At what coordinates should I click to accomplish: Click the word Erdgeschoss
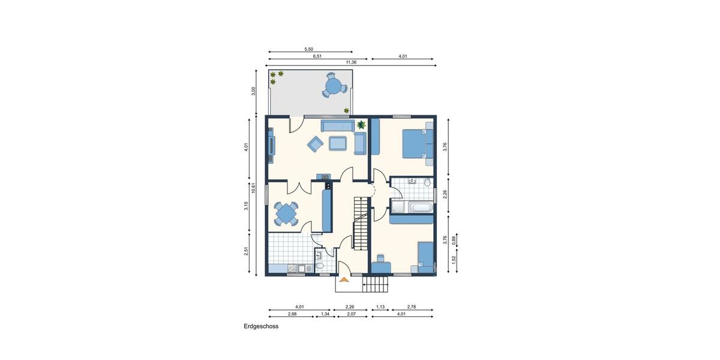click(x=261, y=327)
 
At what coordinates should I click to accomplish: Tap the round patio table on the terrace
click(x=333, y=86)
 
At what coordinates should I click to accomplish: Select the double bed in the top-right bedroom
click(x=414, y=143)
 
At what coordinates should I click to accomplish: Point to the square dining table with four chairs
click(x=286, y=213)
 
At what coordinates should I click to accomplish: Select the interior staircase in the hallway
click(x=359, y=223)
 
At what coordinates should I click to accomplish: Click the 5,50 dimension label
click(x=310, y=49)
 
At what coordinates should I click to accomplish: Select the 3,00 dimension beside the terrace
click(x=254, y=91)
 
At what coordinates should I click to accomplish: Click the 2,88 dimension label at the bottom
click(x=292, y=314)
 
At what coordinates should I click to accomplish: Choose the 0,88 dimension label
click(x=454, y=239)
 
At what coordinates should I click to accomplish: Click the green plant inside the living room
click(x=361, y=125)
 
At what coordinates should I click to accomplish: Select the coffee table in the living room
click(x=337, y=143)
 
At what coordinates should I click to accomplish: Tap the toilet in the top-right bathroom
click(x=427, y=182)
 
